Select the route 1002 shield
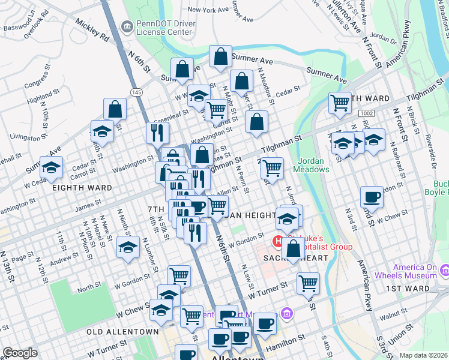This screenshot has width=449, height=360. pyautogui.click(x=367, y=113)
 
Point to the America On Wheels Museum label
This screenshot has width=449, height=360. pyautogui.click(x=415, y=271)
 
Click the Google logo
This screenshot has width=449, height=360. pyautogui.click(x=20, y=353)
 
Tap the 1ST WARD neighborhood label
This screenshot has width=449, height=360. pyautogui.click(x=408, y=289)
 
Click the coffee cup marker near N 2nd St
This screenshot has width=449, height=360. pyautogui.click(x=372, y=197)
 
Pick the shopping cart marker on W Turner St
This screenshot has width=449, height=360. pyautogui.click(x=308, y=283)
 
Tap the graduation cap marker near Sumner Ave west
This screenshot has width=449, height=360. pyautogui.click(x=52, y=167)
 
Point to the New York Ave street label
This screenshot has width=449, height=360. pyautogui.click(x=209, y=10)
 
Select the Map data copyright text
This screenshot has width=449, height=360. pyautogui.click(x=423, y=355)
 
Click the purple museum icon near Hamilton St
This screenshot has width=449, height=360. pyautogui.click(x=286, y=314)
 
